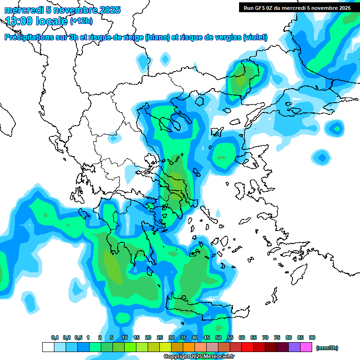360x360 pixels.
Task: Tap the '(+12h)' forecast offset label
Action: pyautogui.click(x=81, y=21)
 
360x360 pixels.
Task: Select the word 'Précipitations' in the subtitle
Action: pyautogui.click(x=32, y=37)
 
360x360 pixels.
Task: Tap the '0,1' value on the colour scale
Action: pyautogui.click(x=55, y=337)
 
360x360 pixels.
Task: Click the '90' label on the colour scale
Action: pyautogui.click(x=312, y=337)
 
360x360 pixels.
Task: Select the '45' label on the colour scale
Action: pyautogui.click(x=207, y=337)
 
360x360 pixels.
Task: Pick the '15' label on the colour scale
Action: pyautogui.click(x=136, y=337)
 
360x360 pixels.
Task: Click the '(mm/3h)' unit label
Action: pyautogui.click(x=327, y=348)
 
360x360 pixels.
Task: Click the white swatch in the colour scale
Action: pyautogui.click(x=48, y=347)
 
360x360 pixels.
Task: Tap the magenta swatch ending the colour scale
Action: pyautogui.click(x=306, y=347)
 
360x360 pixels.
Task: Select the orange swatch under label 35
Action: pyautogui.click(x=177, y=347)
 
